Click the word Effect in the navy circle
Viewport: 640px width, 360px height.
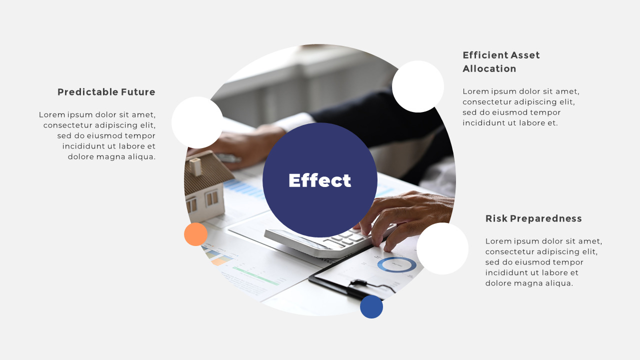point(320,180)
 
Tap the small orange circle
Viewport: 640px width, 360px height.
point(195,234)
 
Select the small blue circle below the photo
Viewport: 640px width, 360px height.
point(371,306)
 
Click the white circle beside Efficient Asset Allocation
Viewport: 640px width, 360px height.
point(418,86)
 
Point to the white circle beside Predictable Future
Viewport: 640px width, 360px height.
point(197,122)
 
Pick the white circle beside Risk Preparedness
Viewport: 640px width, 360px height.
point(442,248)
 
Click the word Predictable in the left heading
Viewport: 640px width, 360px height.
point(87,92)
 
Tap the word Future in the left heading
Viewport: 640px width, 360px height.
point(138,92)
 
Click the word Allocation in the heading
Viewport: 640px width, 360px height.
point(489,68)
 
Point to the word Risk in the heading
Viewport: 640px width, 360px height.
point(496,218)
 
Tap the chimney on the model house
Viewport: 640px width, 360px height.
point(195,166)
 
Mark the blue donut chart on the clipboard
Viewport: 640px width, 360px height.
point(396,264)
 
